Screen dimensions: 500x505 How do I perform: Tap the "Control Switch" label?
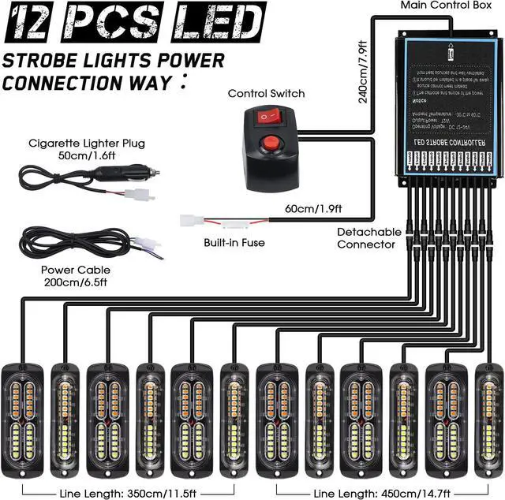coord(266,94)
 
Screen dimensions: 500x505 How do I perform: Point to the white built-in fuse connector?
coord(193,221)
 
